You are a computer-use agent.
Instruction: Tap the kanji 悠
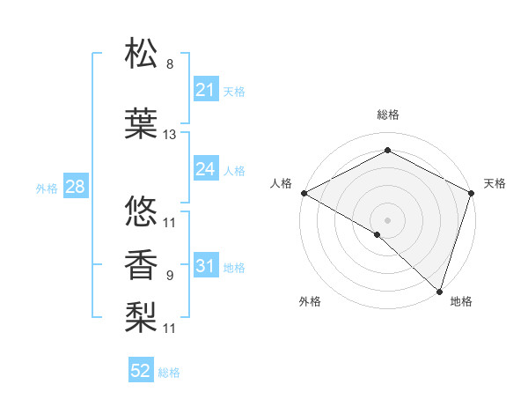(x=142, y=212)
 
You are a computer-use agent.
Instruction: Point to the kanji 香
(x=142, y=263)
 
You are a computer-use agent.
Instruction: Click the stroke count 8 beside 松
(x=170, y=65)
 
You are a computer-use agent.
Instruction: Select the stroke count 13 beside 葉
(x=170, y=135)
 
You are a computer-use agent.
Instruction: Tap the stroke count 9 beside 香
(x=170, y=276)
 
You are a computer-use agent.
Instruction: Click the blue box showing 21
(x=205, y=89)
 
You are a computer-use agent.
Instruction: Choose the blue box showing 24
(x=205, y=168)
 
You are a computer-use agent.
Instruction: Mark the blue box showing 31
(x=205, y=265)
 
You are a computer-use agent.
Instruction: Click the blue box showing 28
(x=75, y=186)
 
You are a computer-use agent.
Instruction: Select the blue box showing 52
(x=141, y=371)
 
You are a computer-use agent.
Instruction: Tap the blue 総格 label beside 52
(x=169, y=373)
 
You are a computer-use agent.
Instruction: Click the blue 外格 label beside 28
(x=46, y=188)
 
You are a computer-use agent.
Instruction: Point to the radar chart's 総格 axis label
(x=387, y=115)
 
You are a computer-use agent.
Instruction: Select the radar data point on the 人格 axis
(x=303, y=192)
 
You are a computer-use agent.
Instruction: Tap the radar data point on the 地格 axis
(x=439, y=291)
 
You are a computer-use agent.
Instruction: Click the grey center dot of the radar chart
(x=387, y=219)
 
